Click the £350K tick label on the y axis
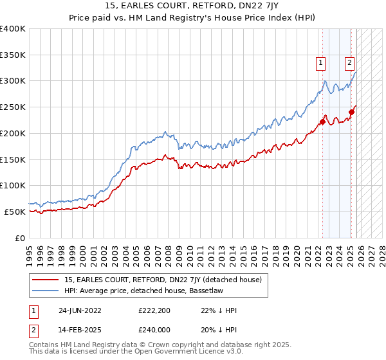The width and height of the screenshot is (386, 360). (13, 55)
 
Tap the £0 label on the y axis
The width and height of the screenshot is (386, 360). (20, 237)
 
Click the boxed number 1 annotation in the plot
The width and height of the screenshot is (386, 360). (320, 63)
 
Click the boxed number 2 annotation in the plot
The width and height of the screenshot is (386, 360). (349, 63)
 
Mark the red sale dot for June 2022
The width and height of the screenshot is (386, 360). (322, 122)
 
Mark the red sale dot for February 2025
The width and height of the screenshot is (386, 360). (351, 112)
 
